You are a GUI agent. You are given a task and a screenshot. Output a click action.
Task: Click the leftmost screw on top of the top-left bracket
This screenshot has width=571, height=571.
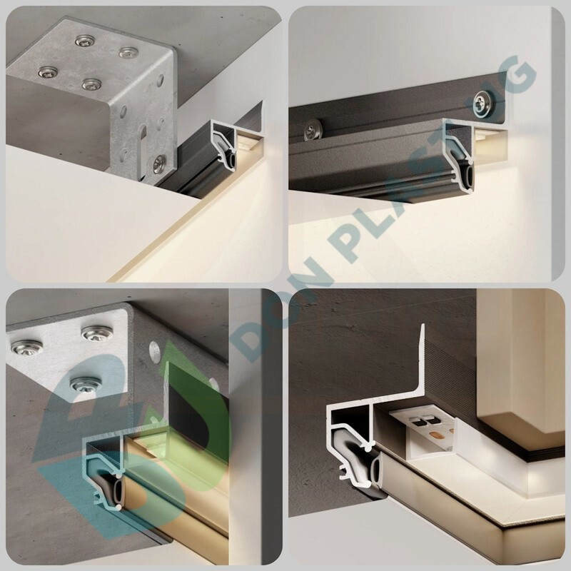(x=46, y=72)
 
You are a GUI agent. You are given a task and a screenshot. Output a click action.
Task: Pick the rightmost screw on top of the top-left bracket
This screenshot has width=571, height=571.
(x=128, y=52)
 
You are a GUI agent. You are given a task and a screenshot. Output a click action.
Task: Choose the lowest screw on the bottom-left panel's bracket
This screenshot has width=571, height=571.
(x=86, y=383)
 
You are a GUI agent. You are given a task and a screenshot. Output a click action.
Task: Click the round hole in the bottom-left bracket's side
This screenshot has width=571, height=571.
(x=154, y=350)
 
